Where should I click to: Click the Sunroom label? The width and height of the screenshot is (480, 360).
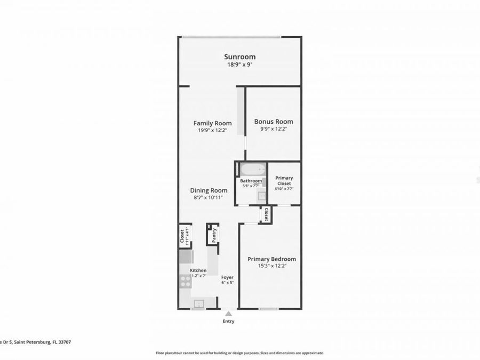pos(239,57)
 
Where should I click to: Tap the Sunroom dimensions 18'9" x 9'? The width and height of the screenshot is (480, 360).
pos(239,65)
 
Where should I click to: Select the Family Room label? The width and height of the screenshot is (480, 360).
pos(212,123)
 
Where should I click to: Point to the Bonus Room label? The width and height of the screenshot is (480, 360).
pos(274,121)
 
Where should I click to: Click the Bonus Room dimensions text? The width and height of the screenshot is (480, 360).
pos(274,129)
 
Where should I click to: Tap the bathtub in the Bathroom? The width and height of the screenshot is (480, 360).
pos(252,170)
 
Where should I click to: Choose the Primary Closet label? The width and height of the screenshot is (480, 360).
pos(284,181)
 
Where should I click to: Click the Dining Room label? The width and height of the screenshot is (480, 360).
pos(209,190)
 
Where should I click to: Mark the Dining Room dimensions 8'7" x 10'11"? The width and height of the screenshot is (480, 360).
pos(209,197)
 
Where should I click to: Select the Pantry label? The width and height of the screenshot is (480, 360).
pos(214,235)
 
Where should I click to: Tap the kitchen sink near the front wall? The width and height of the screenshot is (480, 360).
pos(198,303)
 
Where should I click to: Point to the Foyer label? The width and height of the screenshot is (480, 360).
pos(228,277)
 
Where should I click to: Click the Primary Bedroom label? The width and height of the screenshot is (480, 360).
pos(271,259)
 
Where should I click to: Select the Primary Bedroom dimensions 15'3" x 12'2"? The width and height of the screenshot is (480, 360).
pos(271,266)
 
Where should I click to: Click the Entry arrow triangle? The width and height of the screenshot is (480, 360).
pos(228,314)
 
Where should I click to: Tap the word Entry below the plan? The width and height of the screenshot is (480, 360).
pos(228,321)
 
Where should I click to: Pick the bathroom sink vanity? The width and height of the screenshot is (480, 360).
pos(262,195)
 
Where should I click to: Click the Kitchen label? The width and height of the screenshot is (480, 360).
pos(198,270)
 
